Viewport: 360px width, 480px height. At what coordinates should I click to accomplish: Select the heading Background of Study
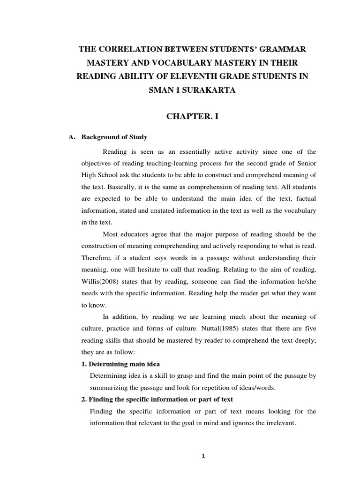click(114, 137)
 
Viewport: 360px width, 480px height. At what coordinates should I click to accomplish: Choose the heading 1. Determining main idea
click(120, 364)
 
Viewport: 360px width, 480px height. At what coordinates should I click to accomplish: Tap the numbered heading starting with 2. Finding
click(157, 399)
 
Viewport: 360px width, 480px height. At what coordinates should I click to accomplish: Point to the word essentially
click(184, 151)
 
